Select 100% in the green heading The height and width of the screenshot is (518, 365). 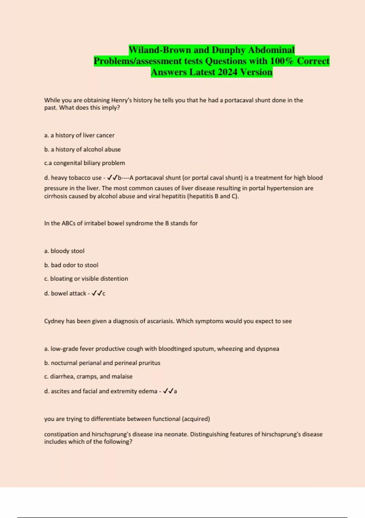point(282,61)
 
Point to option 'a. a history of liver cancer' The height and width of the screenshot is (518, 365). point(79,135)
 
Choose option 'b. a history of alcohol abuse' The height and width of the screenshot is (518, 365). point(82,149)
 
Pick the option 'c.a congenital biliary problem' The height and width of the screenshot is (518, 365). point(85,163)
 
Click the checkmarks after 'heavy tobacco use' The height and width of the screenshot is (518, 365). point(112,178)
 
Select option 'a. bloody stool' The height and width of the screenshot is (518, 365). point(64,251)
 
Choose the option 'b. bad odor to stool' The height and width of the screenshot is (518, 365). point(71,265)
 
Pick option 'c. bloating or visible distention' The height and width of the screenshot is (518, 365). point(86,279)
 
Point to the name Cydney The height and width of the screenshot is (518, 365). point(54,321)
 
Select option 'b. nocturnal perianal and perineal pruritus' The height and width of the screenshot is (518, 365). point(102,363)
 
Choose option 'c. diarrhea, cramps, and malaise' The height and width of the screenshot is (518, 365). point(88,377)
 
